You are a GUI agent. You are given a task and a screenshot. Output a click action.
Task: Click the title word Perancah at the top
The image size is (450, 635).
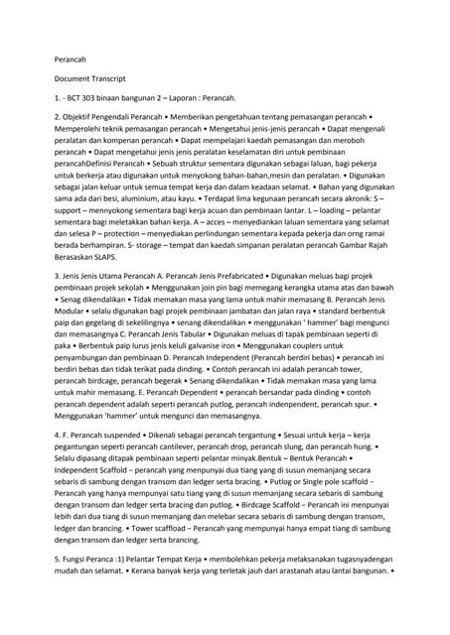70,59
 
